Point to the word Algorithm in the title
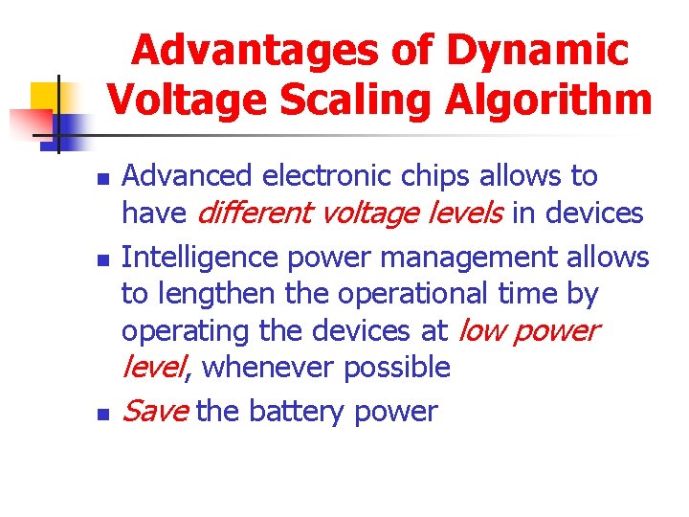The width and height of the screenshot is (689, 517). [x=557, y=98]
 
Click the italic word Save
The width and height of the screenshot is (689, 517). [x=156, y=412]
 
